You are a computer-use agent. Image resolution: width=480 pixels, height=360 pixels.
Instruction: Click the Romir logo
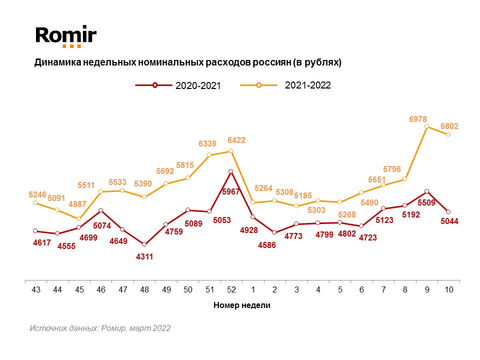(65, 36)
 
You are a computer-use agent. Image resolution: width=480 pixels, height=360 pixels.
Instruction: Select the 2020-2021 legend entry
(178, 85)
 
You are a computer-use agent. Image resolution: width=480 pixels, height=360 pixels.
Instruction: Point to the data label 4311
(144, 257)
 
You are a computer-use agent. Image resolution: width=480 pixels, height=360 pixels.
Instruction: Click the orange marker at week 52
(231, 150)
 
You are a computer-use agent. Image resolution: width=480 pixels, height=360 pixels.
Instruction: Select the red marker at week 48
(144, 244)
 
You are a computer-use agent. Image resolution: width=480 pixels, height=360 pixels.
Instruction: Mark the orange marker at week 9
(427, 126)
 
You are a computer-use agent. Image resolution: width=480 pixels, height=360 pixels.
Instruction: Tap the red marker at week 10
(448, 212)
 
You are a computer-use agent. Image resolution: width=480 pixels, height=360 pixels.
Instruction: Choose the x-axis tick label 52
(231, 290)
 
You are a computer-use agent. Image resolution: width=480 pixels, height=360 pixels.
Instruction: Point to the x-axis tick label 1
(253, 290)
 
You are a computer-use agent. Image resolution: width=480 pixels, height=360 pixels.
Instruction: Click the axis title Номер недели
(242, 305)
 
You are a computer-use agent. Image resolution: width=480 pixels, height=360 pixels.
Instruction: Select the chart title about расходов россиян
(187, 63)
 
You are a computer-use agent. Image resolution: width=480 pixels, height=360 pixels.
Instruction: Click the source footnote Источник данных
(100, 328)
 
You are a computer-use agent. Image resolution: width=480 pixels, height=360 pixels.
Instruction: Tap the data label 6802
(449, 126)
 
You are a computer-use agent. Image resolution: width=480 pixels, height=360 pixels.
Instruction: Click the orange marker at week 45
(79, 219)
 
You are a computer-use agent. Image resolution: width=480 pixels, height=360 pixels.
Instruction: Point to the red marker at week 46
(100, 210)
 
